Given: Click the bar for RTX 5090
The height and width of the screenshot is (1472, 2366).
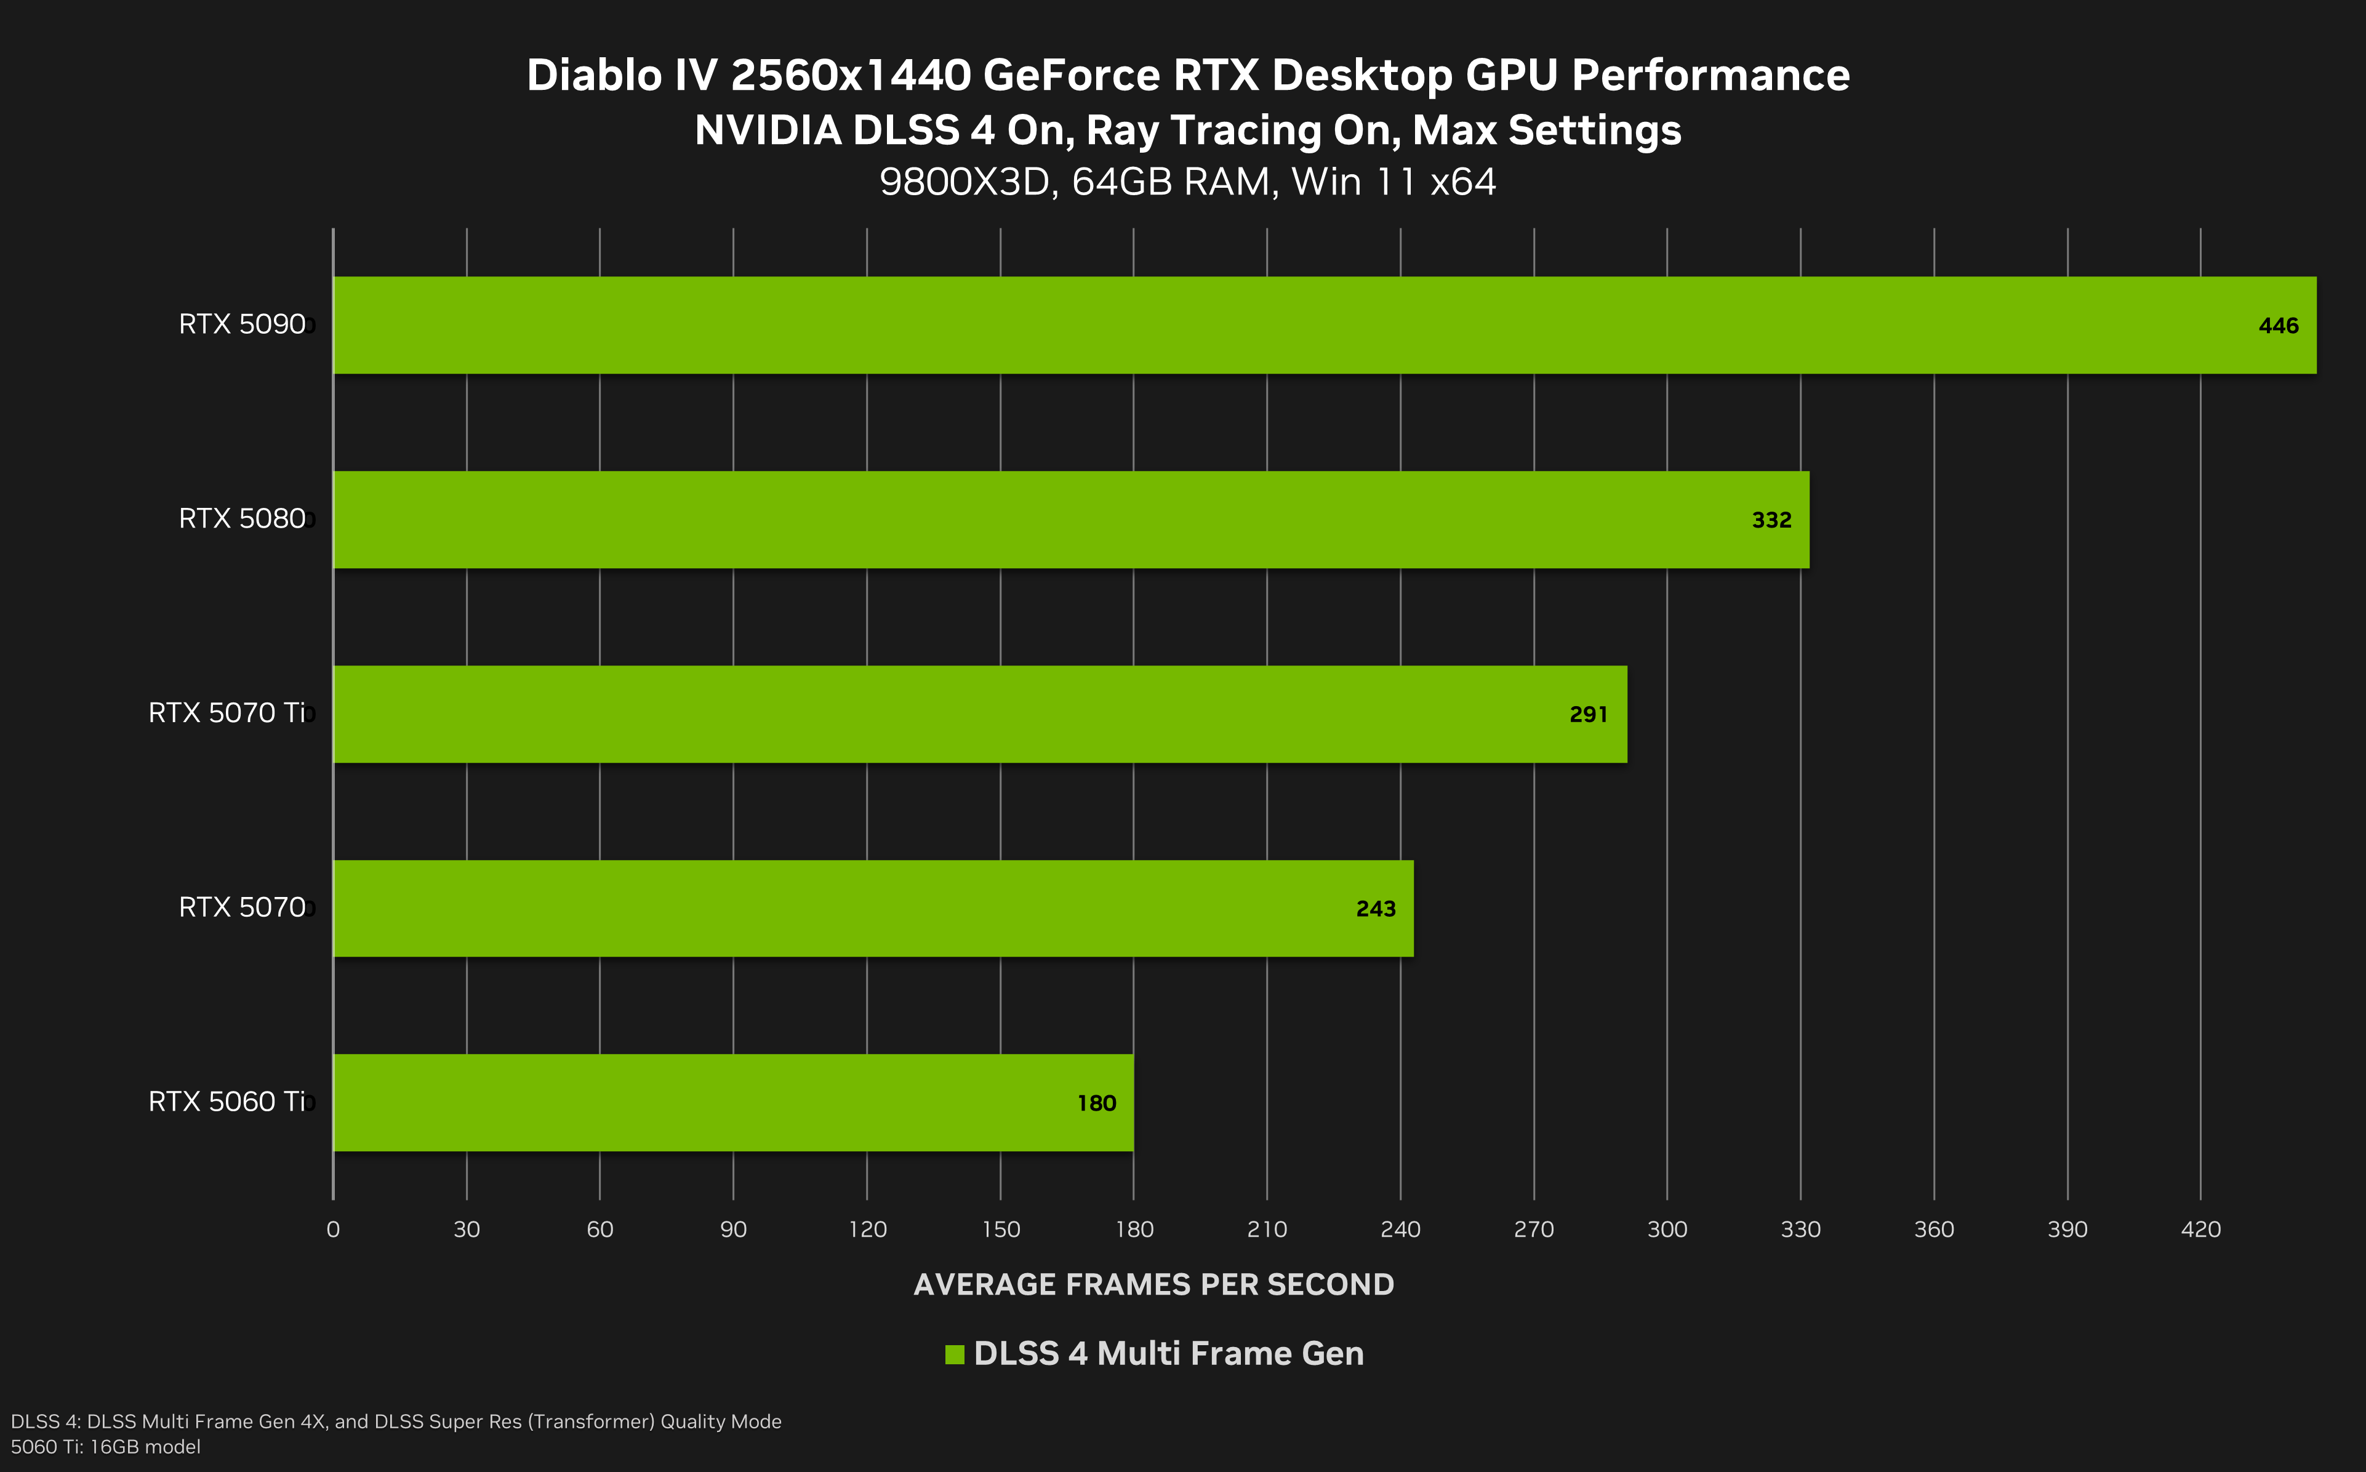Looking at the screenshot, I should click(x=1323, y=325).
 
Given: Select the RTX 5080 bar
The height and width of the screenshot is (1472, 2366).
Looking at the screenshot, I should click(x=1070, y=520).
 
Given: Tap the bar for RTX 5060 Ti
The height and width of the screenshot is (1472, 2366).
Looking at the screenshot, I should click(x=733, y=1103).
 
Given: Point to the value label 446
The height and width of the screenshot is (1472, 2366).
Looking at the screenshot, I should click(x=2279, y=326).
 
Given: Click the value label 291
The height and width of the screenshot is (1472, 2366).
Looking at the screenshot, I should click(x=1589, y=715).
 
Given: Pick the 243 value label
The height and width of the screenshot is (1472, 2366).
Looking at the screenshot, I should click(x=1375, y=909).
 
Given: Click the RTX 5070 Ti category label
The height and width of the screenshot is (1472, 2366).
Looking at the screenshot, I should click(x=227, y=713).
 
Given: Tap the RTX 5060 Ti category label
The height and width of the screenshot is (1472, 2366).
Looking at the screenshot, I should click(x=227, y=1101).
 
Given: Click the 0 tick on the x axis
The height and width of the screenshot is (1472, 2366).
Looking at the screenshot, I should click(x=333, y=1229).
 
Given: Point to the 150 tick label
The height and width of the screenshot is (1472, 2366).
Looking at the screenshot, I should click(x=1001, y=1229).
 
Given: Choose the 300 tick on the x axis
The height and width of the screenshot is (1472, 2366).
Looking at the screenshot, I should click(x=1667, y=1229).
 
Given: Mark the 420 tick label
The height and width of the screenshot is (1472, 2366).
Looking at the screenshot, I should click(x=2200, y=1229).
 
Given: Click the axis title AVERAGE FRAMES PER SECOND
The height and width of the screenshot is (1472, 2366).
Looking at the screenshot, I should click(x=1153, y=1285).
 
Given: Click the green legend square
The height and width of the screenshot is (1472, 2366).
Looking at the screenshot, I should click(x=954, y=1354).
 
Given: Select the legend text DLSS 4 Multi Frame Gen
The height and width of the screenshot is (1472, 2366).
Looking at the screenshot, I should click(x=1168, y=1353).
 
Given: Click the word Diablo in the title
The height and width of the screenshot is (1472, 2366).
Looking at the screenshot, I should click(x=594, y=76).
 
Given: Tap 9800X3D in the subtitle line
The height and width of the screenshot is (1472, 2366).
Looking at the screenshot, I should click(x=968, y=182).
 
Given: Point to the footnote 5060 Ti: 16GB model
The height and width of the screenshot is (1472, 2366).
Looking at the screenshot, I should click(x=105, y=1447).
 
